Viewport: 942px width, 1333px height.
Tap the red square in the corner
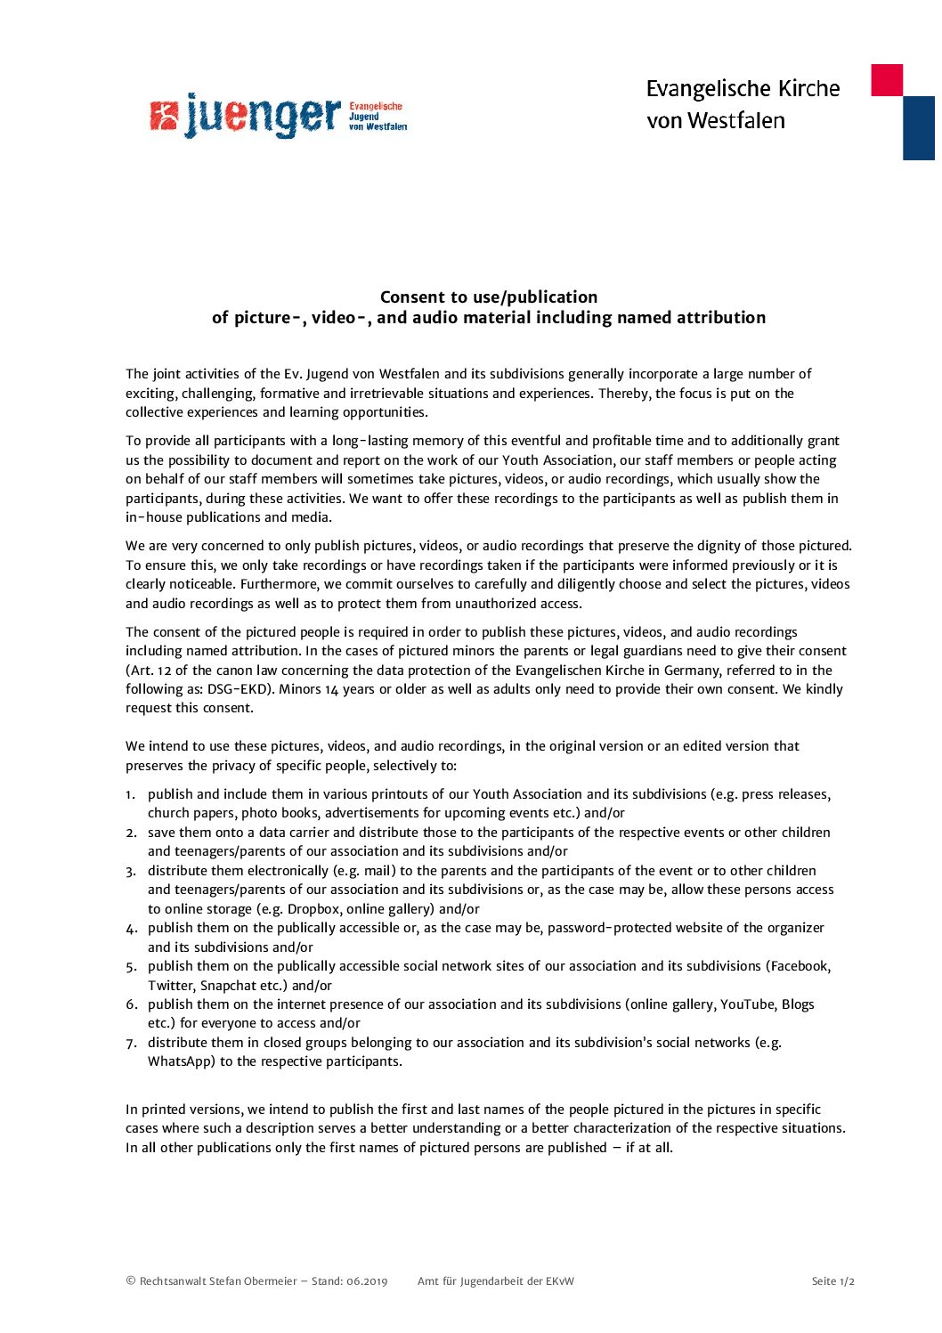886,80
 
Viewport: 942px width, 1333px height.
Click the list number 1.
130,794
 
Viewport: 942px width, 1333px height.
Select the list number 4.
130,929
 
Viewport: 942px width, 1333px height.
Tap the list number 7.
130,1043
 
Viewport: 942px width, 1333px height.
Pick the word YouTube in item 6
747,1004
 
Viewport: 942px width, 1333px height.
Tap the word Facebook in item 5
800,966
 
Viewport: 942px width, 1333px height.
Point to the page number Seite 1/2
832,1281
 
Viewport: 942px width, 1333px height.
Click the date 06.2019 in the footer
367,1281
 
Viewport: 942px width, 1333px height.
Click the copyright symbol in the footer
131,1281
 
